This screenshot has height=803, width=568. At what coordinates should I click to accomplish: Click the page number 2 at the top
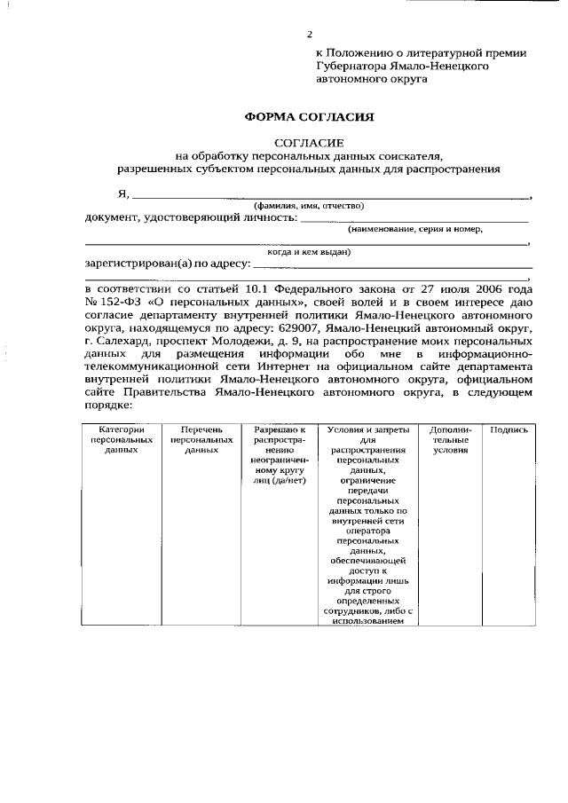pos(310,35)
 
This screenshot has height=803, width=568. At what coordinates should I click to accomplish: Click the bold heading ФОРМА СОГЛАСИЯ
pos(310,116)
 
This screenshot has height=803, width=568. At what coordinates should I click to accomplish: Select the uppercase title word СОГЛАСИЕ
pos(310,142)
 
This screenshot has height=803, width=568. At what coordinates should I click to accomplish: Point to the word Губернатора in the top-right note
pos(351,65)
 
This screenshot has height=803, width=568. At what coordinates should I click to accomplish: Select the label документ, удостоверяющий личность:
pos(189,217)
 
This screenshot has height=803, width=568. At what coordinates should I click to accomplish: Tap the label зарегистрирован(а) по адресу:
pos(167,264)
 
